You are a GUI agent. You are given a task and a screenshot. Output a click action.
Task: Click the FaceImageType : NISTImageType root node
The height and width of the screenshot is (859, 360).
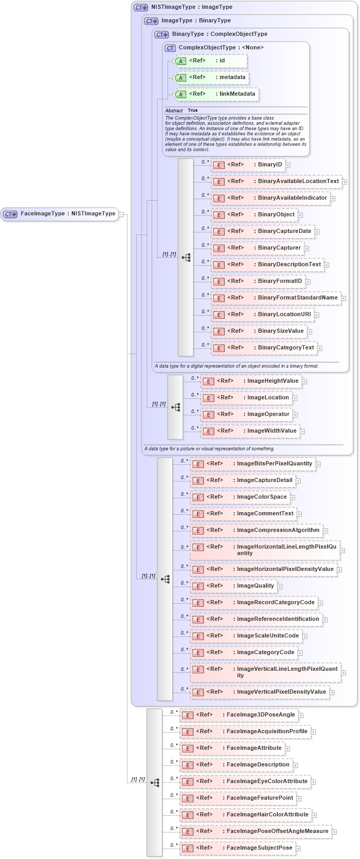(x=59, y=214)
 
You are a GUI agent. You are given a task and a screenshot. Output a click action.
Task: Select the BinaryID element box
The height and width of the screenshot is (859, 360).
(x=248, y=165)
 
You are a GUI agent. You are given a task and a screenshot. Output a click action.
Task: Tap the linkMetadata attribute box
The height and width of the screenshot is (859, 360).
(x=215, y=94)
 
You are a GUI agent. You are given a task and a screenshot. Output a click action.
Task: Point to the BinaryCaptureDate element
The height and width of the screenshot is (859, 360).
(x=262, y=231)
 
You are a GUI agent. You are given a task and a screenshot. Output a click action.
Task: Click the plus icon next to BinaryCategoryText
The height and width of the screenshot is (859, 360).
(x=320, y=348)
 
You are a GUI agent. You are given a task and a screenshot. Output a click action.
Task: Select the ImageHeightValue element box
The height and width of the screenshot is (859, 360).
(x=251, y=381)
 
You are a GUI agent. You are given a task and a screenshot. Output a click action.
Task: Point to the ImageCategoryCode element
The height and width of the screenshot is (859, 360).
(x=243, y=653)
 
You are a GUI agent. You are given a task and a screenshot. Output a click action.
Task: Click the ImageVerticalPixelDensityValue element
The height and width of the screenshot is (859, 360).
(x=259, y=692)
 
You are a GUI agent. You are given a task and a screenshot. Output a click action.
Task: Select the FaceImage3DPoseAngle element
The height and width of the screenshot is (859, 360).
(x=238, y=715)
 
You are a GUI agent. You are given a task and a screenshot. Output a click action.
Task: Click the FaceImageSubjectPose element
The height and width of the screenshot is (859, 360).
(x=237, y=848)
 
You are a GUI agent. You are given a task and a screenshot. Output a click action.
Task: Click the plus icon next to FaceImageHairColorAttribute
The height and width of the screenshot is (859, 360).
(x=315, y=815)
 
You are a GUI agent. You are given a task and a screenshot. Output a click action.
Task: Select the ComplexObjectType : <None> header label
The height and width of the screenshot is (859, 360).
(x=221, y=48)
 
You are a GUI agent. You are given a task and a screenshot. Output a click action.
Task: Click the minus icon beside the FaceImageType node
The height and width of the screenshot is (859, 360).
(x=121, y=214)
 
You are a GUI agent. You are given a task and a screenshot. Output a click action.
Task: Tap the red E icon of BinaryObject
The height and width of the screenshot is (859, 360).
(x=219, y=215)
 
